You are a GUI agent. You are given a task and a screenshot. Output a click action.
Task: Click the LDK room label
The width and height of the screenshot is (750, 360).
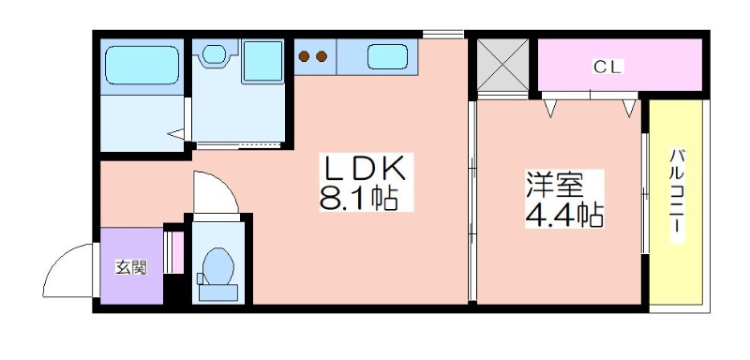click(366, 168)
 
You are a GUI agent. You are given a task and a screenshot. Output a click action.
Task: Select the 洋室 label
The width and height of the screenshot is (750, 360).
click(555, 186)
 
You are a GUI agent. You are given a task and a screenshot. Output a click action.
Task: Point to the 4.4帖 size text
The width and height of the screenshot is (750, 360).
click(564, 216)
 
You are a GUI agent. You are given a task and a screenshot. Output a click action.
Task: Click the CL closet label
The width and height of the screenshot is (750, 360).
click(607, 67)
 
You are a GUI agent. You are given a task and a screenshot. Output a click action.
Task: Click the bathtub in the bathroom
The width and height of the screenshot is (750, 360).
click(142, 66)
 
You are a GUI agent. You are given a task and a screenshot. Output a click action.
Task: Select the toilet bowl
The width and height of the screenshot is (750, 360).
click(218, 265)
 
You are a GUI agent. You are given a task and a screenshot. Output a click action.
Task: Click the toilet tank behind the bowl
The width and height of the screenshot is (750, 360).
click(218, 292)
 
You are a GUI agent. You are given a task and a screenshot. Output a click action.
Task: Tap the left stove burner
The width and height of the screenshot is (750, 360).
click(304, 56)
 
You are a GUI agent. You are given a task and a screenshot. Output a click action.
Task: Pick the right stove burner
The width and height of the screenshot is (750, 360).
click(322, 56)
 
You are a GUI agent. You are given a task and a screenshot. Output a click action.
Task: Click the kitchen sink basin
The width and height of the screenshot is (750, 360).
click(387, 56)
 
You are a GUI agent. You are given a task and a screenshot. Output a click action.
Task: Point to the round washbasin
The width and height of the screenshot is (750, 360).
click(214, 53)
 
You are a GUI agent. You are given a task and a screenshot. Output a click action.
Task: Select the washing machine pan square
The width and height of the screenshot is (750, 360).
click(262, 61)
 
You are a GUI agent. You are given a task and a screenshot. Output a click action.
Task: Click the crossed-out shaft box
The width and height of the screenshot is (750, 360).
click(502, 65)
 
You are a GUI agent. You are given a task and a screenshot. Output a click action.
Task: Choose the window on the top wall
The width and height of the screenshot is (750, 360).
click(442, 34)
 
